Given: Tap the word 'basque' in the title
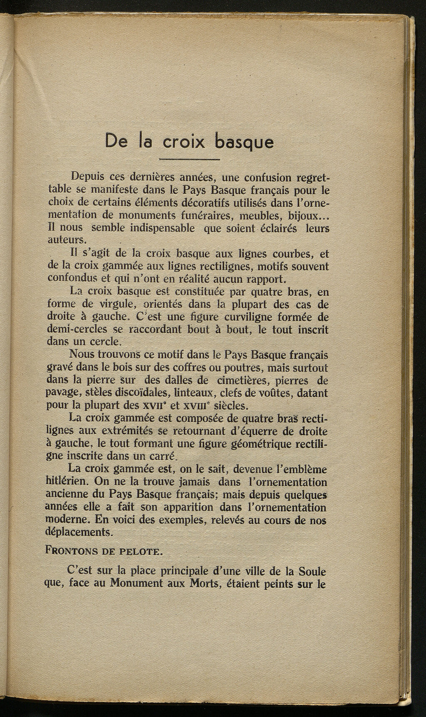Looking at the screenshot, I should point(245,142).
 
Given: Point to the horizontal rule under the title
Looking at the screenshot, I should point(189,160).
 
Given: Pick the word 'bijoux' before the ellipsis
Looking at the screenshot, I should point(296,216).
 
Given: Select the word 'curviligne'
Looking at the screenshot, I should point(243,317).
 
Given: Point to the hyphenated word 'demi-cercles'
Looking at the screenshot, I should point(72,330).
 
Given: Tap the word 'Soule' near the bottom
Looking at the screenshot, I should point(312,570).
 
